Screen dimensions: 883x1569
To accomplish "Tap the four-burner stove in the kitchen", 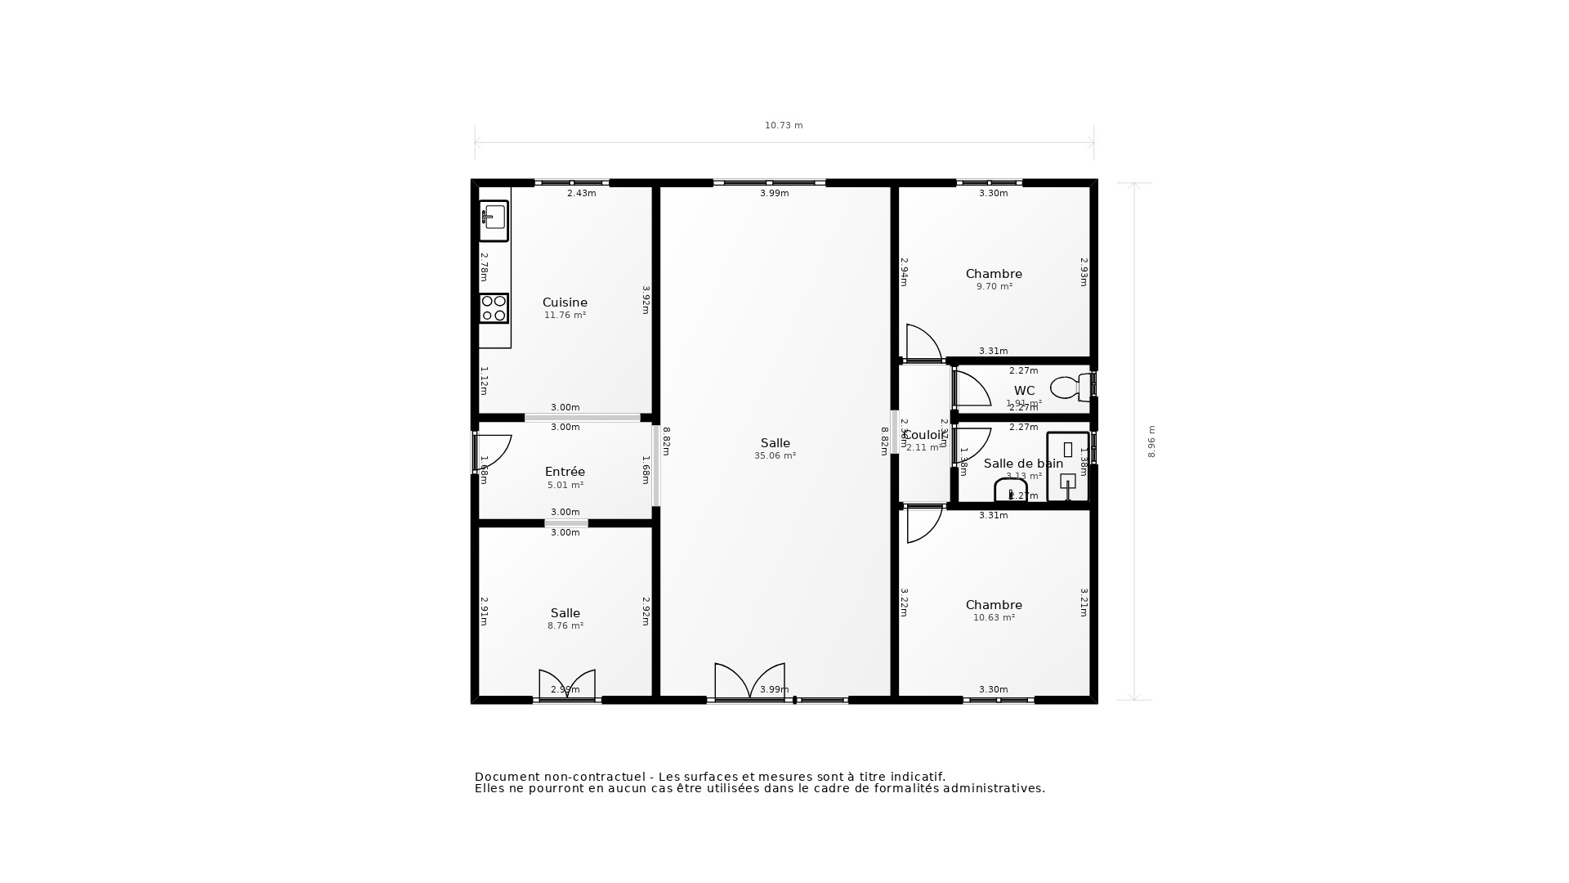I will [x=494, y=308].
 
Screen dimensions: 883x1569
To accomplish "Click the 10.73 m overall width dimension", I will [x=784, y=126].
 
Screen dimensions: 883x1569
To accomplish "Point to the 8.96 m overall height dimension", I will [x=1151, y=441].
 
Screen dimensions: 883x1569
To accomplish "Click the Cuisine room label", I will [x=565, y=303].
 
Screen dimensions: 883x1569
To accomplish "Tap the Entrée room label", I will [x=565, y=472].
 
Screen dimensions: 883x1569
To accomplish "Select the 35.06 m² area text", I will [x=775, y=456].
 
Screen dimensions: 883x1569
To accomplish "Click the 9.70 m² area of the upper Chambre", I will [x=994, y=287].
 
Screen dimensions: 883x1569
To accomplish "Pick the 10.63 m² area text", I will [x=994, y=618].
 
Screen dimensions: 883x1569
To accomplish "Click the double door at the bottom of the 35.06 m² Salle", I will [x=749, y=682].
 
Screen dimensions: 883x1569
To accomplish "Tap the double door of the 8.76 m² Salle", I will [x=566, y=684].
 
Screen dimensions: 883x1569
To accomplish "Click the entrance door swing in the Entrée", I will [x=492, y=451].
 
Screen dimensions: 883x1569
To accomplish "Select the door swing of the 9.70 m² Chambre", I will [x=923, y=343].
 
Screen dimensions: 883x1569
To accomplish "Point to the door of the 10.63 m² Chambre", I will [x=923, y=524].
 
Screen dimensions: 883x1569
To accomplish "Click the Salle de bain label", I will [x=1023, y=464].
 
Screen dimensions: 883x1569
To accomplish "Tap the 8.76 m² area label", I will [x=565, y=626].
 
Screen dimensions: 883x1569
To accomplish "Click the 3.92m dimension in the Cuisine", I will [x=646, y=300].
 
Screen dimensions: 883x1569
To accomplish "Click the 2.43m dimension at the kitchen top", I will [x=581, y=194].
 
